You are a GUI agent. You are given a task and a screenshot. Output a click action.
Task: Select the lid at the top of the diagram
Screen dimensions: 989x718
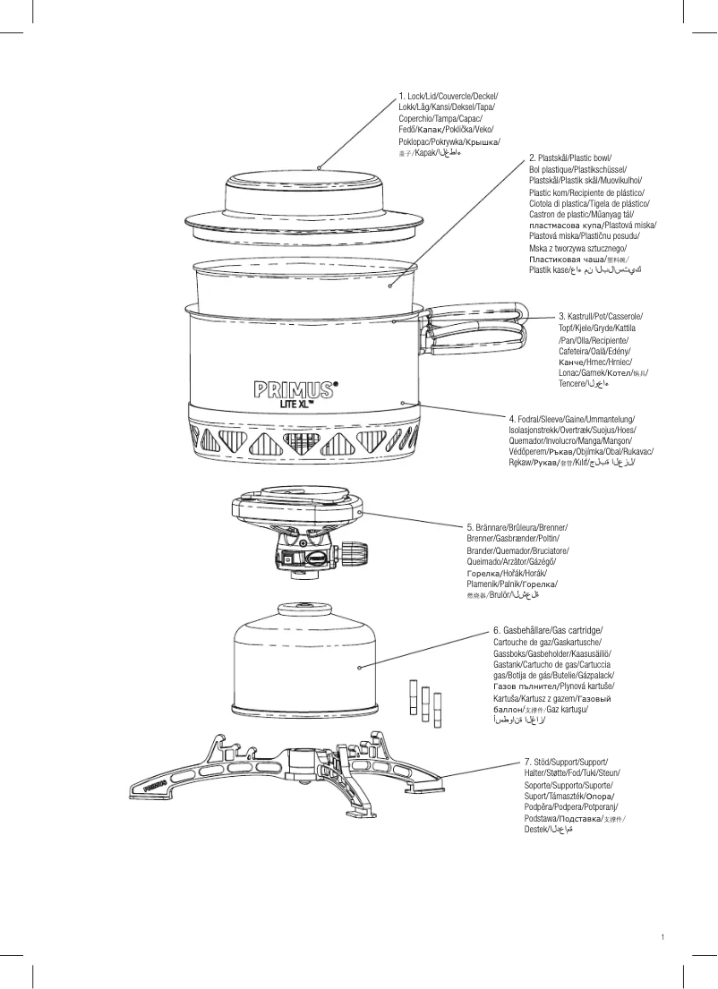tap(318, 201)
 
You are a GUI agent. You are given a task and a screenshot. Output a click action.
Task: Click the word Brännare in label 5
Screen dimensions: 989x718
tap(487, 527)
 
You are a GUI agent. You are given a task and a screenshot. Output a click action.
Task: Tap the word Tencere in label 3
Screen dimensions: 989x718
tap(572, 383)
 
